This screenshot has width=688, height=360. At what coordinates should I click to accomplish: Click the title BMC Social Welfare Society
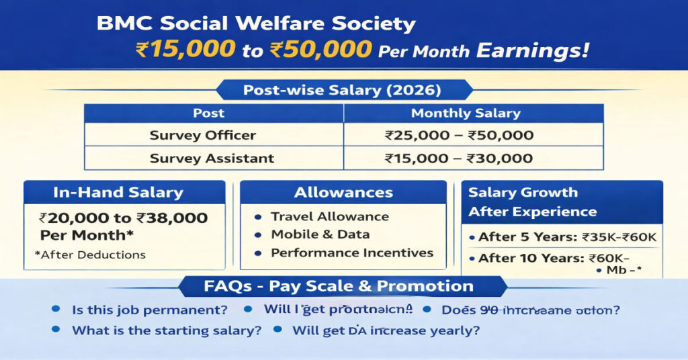pyautogui.click(x=256, y=24)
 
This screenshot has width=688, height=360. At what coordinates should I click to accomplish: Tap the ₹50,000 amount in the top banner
pyautogui.click(x=314, y=50)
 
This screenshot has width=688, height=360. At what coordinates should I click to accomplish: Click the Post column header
pyautogui.click(x=209, y=114)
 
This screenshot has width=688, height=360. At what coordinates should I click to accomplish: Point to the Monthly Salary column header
pyautogui.click(x=466, y=114)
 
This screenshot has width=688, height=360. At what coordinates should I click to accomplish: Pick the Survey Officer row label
pyautogui.click(x=202, y=136)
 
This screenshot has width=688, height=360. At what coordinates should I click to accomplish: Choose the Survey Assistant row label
pyautogui.click(x=212, y=159)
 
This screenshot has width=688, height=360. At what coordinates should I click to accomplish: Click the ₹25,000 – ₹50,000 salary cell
pyautogui.click(x=459, y=136)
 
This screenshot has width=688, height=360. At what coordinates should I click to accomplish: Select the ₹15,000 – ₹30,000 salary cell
pyautogui.click(x=459, y=159)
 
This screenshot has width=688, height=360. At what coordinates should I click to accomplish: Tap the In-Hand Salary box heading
pyautogui.click(x=118, y=193)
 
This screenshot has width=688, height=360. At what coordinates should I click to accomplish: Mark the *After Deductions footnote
pyautogui.click(x=89, y=255)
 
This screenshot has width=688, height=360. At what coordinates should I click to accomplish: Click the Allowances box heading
pyautogui.click(x=343, y=193)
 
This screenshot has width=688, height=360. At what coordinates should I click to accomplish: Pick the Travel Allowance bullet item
pyautogui.click(x=329, y=216)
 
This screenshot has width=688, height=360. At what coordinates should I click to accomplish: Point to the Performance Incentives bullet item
pyautogui.click(x=351, y=253)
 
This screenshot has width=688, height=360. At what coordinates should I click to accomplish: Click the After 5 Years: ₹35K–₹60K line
pyautogui.click(x=567, y=237)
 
